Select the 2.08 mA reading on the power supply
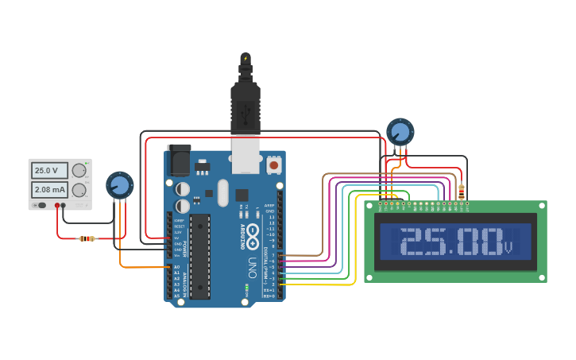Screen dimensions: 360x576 tap(49, 190)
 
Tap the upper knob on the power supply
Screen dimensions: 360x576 tap(79, 170)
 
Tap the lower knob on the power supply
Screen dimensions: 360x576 tap(79, 190)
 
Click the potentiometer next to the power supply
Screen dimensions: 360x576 tap(119, 185)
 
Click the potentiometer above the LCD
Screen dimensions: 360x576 tap(400, 132)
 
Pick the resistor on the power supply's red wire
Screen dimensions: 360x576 tap(87, 238)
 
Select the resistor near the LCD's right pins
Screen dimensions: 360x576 tap(462, 192)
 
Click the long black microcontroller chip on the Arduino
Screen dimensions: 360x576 tap(199, 256)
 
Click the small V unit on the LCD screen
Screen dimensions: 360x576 tap(508, 249)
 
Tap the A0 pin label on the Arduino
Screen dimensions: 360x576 tap(176, 267)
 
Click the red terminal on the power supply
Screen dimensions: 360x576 tap(57, 206)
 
